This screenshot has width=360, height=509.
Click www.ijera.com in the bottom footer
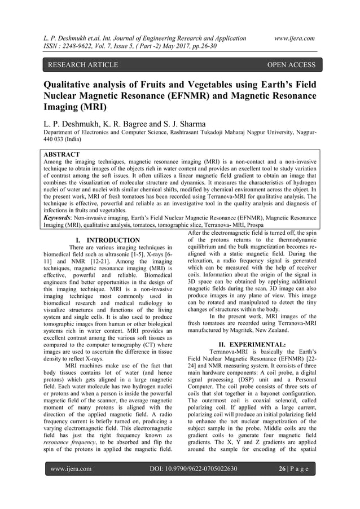pyautogui.click(x=72, y=484)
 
